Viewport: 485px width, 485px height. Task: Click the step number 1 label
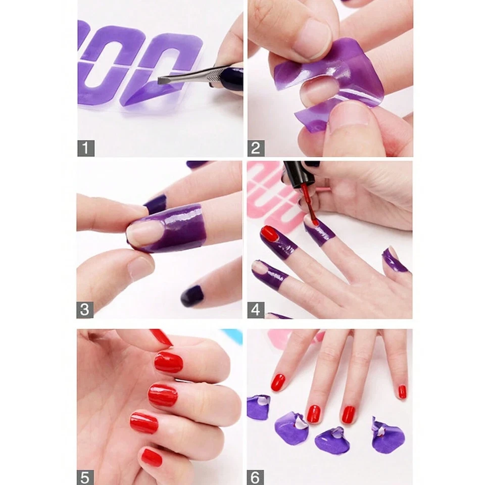(86, 148)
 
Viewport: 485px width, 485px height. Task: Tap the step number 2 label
(256, 148)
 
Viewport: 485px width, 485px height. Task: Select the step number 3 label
(85, 310)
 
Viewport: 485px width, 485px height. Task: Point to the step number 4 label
(256, 310)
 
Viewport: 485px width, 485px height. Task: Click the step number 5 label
(85, 476)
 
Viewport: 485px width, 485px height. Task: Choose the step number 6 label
(256, 476)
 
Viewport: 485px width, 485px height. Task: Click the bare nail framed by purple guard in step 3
(144, 233)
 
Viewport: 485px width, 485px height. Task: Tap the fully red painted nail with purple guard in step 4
(270, 233)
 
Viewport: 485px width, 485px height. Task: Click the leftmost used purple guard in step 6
(258, 407)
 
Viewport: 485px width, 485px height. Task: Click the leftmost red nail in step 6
(278, 382)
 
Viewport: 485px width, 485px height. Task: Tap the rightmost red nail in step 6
(402, 392)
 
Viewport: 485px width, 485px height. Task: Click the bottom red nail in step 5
(151, 457)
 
